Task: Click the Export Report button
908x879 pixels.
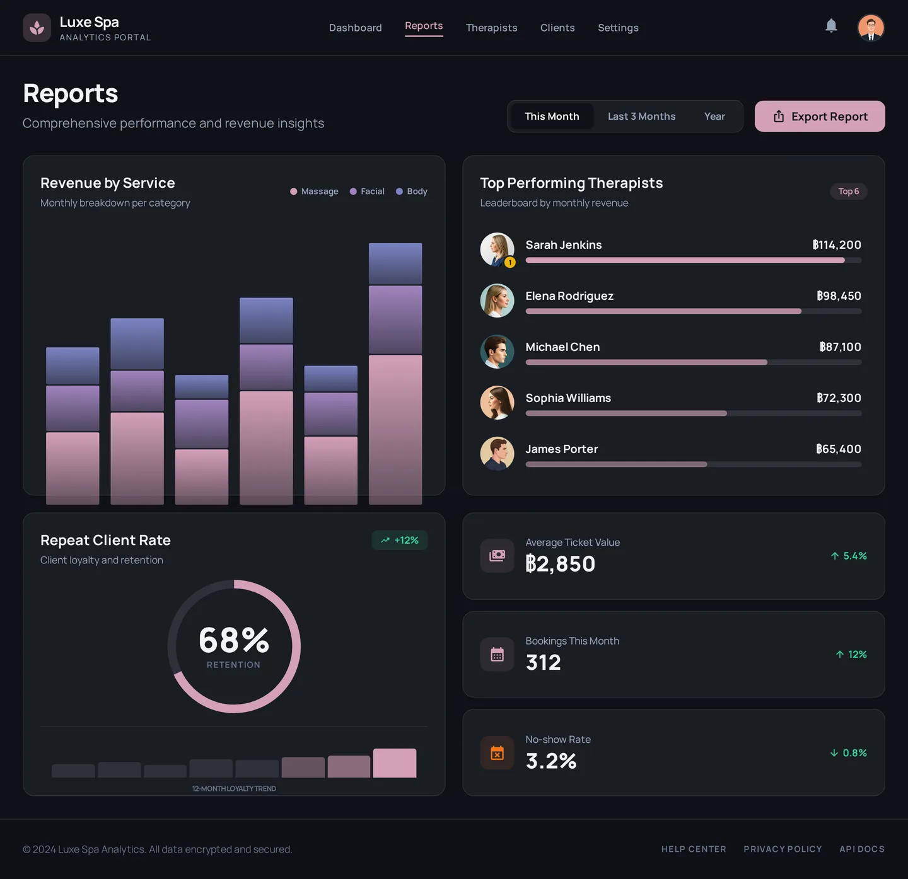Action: point(820,117)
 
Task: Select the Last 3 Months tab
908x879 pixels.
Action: point(641,117)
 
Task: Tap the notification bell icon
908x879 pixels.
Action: point(831,26)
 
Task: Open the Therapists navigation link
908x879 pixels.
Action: point(491,28)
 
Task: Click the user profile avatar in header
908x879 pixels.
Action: point(871,28)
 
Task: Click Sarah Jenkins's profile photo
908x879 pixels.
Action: point(497,250)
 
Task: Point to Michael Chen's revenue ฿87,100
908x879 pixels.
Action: point(840,347)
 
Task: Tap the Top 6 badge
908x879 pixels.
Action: point(848,192)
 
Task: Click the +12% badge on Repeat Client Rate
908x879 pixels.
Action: point(400,541)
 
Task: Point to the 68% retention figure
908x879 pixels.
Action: point(234,640)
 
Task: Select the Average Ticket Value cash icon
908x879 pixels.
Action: point(497,556)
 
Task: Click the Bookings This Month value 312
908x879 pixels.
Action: point(543,663)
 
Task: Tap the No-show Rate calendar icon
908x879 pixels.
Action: point(497,753)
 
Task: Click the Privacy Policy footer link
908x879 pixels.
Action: point(783,849)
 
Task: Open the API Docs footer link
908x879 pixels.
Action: point(861,849)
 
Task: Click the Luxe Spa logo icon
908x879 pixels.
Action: point(37,28)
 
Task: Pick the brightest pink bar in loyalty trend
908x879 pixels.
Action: point(395,763)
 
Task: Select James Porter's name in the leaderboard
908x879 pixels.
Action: point(561,449)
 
